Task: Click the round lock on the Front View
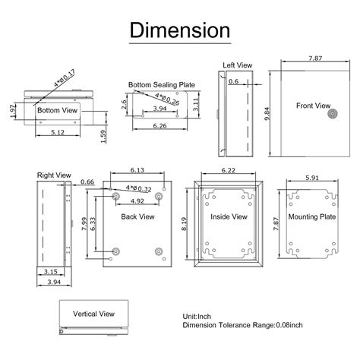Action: click(x=331, y=115)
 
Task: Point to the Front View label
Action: click(x=313, y=106)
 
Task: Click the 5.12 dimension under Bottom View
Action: click(x=57, y=132)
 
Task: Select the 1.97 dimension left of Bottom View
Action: click(x=12, y=111)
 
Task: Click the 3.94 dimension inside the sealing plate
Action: click(x=160, y=109)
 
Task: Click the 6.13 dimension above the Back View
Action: click(x=137, y=171)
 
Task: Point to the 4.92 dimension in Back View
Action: click(x=137, y=202)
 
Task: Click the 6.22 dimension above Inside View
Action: click(x=228, y=171)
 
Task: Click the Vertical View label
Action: click(x=93, y=312)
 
